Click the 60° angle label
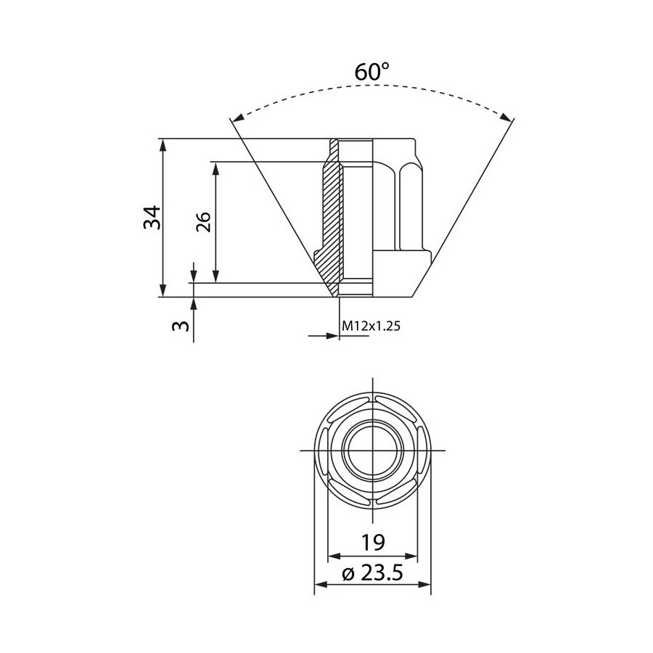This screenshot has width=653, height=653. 372,71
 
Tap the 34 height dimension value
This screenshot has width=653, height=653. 152,217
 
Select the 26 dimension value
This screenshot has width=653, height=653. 204,221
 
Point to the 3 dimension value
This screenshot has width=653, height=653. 181,325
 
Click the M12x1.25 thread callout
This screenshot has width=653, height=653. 371,325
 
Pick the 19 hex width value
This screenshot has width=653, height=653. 373,542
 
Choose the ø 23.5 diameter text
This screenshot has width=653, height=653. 372,573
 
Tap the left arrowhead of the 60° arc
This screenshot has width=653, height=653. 238,118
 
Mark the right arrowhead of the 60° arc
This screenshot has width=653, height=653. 506,118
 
